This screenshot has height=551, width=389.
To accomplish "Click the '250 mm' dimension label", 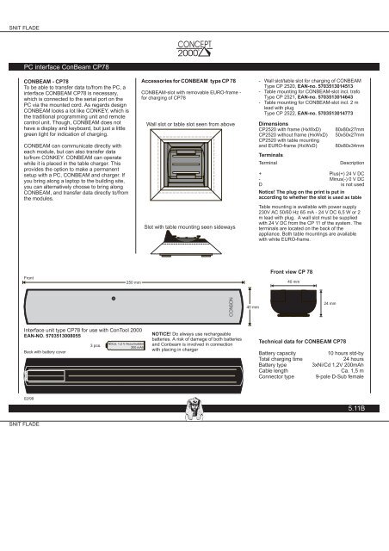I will coord(133,282).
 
